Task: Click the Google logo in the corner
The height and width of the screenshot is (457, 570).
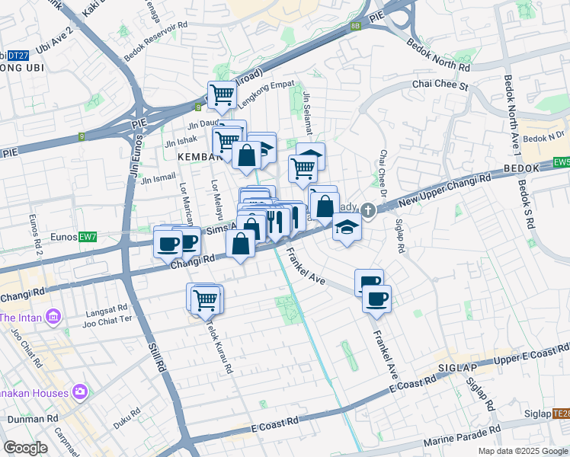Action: pyautogui.click(x=24, y=448)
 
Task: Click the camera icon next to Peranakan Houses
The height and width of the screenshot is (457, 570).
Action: pyautogui.click(x=80, y=392)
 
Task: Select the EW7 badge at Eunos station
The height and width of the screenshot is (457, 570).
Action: pyautogui.click(x=88, y=238)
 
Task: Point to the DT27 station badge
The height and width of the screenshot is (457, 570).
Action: pyautogui.click(x=18, y=55)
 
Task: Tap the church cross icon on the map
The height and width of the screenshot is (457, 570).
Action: pyautogui.click(x=368, y=209)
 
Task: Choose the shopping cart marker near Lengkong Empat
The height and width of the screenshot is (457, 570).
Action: pyautogui.click(x=222, y=95)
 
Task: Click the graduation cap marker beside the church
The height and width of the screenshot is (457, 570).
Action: pyautogui.click(x=347, y=227)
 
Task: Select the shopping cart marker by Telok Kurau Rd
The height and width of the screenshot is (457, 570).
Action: pyautogui.click(x=207, y=299)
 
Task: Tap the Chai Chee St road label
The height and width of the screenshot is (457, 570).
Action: pyautogui.click(x=440, y=85)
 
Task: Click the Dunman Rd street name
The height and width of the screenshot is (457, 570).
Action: pyautogui.click(x=33, y=419)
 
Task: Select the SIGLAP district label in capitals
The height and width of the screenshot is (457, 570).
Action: pyautogui.click(x=457, y=367)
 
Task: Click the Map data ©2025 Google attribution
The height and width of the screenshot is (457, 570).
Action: pyautogui.click(x=523, y=451)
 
